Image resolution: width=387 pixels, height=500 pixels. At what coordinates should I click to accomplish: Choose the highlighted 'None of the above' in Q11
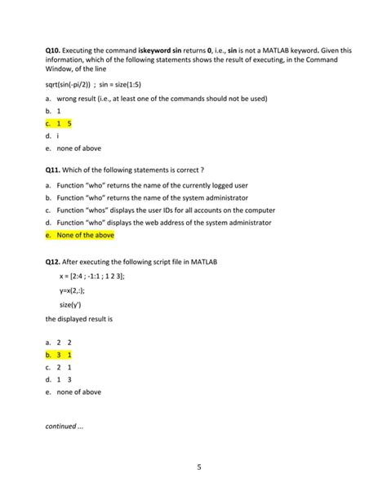[x=85, y=235]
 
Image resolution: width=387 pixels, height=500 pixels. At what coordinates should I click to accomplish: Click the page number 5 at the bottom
[x=198, y=467]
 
